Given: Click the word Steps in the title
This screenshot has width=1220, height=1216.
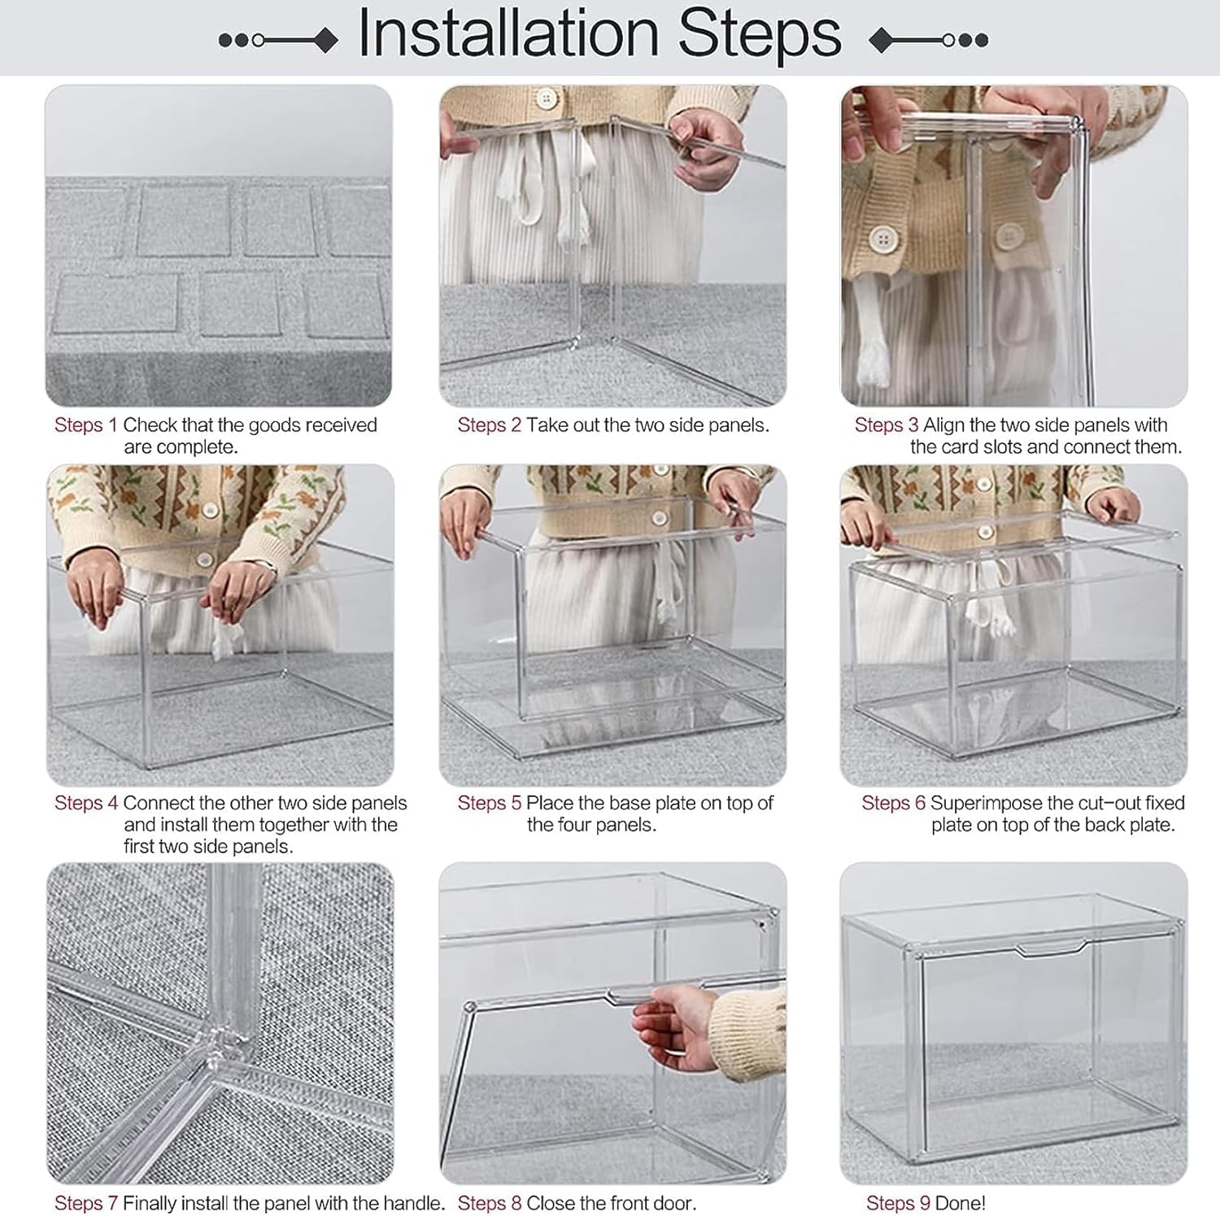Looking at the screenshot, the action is (x=760, y=35).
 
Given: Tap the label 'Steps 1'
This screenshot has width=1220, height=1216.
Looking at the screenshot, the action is (x=86, y=425).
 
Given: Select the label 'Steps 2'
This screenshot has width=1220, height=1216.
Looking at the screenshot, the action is (x=489, y=425).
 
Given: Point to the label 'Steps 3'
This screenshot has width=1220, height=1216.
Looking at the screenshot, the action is (x=887, y=425).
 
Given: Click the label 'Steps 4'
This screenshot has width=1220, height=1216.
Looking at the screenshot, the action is (x=86, y=804).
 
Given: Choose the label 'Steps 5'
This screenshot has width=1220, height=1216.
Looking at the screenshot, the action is (x=489, y=804).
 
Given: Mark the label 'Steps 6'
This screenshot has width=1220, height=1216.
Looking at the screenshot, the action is (x=894, y=804).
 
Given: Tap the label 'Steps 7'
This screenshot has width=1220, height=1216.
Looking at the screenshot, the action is (x=86, y=1203).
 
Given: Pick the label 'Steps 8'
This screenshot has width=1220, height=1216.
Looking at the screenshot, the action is (x=489, y=1203).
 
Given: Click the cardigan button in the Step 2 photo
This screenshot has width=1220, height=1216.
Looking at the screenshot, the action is (x=547, y=99).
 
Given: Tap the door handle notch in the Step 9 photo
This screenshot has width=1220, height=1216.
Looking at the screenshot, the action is (x=1049, y=947).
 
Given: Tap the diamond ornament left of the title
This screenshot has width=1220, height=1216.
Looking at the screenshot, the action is (x=326, y=40).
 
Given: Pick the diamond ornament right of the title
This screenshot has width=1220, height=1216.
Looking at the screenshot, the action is (x=881, y=40).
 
